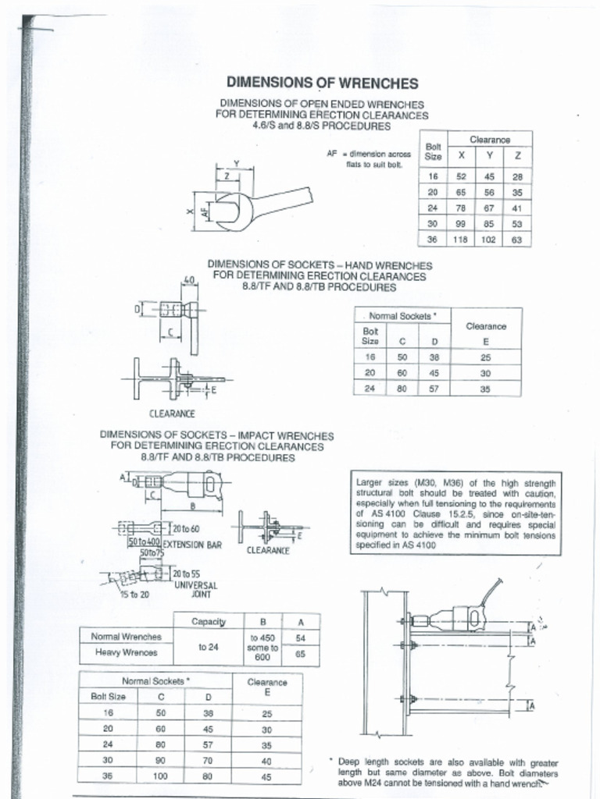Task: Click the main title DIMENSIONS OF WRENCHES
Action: pyautogui.click(x=322, y=83)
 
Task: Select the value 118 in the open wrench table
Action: pyautogui.click(x=460, y=240)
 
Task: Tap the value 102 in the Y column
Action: pyautogui.click(x=490, y=240)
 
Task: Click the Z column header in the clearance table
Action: pyautogui.click(x=517, y=154)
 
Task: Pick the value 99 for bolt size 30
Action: pyautogui.click(x=461, y=224)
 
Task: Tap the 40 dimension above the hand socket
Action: pyautogui.click(x=188, y=279)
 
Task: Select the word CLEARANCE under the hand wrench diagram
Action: pyautogui.click(x=172, y=413)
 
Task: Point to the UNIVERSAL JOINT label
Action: pyautogui.click(x=195, y=589)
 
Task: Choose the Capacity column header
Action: pyautogui.click(x=209, y=622)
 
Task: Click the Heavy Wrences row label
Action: pyautogui.click(x=126, y=652)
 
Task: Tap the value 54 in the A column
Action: pyautogui.click(x=300, y=637)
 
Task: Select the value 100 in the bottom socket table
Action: pyautogui.click(x=161, y=776)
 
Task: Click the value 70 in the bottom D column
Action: pyautogui.click(x=209, y=761)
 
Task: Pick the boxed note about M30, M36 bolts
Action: pyautogui.click(x=455, y=513)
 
